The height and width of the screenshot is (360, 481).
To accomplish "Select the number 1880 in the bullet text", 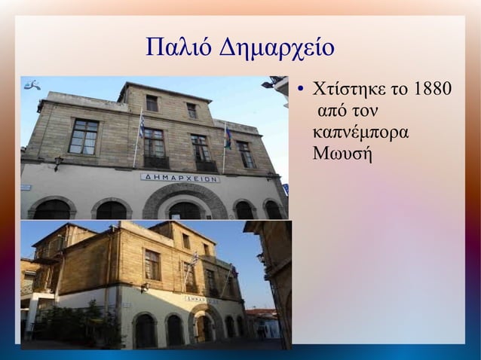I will (x=433, y=91).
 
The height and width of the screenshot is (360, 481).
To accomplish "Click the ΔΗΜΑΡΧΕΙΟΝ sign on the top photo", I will (x=180, y=178).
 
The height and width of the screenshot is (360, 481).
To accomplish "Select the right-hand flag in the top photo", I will (x=228, y=136).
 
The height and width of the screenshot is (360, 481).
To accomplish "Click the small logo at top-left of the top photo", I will (x=32, y=86).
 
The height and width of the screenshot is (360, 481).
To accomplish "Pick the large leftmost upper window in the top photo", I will (x=83, y=136).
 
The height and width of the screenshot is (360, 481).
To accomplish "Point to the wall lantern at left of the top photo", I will (x=58, y=162).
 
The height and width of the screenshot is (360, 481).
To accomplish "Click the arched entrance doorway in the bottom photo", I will (x=204, y=327).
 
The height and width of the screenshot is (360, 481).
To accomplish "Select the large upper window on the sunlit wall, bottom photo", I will (x=152, y=265).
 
